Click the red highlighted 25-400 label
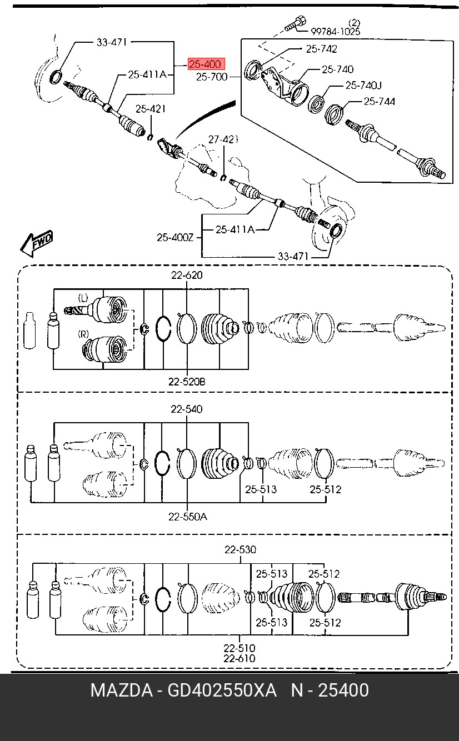[206, 64]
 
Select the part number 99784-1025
[335, 32]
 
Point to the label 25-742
[321, 49]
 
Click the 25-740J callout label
[363, 86]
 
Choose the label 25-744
[379, 101]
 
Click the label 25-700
[212, 77]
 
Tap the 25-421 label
[151, 108]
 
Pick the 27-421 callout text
[223, 139]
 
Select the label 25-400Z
[174, 237]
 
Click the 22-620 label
[187, 275]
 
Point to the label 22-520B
[187, 382]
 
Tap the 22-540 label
[187, 409]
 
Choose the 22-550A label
[188, 517]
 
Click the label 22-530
[240, 549]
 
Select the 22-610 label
[240, 658]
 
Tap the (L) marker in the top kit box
[83, 298]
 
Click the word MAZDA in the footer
[122, 690]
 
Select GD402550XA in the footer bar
[222, 690]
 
